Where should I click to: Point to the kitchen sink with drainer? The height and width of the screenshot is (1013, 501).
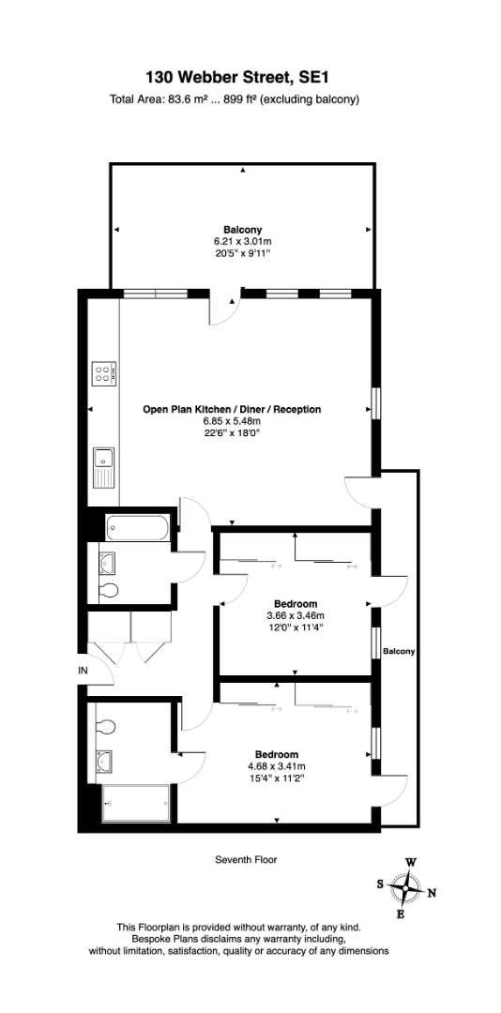pyautogui.click(x=103, y=468)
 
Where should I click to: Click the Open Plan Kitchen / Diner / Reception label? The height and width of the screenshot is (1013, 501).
pyautogui.click(x=232, y=409)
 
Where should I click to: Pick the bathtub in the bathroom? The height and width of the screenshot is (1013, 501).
pyautogui.click(x=140, y=526)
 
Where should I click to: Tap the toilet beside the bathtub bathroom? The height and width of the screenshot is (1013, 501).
pyautogui.click(x=109, y=590)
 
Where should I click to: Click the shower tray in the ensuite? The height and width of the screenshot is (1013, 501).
pyautogui.click(x=136, y=803)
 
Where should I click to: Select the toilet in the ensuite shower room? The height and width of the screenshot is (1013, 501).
pyautogui.click(x=105, y=727)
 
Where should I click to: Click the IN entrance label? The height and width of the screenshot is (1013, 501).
pyautogui.click(x=83, y=671)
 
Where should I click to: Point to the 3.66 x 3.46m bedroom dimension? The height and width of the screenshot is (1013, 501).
pyautogui.click(x=296, y=614)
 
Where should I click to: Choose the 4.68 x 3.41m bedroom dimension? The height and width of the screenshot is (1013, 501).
pyautogui.click(x=276, y=766)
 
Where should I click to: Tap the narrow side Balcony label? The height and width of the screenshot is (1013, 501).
pyautogui.click(x=398, y=652)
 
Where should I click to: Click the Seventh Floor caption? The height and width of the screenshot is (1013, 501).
pyautogui.click(x=246, y=860)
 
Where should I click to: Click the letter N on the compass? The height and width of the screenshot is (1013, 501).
pyautogui.click(x=432, y=894)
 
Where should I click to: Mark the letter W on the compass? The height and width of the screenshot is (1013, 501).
pyautogui.click(x=411, y=863)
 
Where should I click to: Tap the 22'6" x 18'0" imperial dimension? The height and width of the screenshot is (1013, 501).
pyautogui.click(x=232, y=432)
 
